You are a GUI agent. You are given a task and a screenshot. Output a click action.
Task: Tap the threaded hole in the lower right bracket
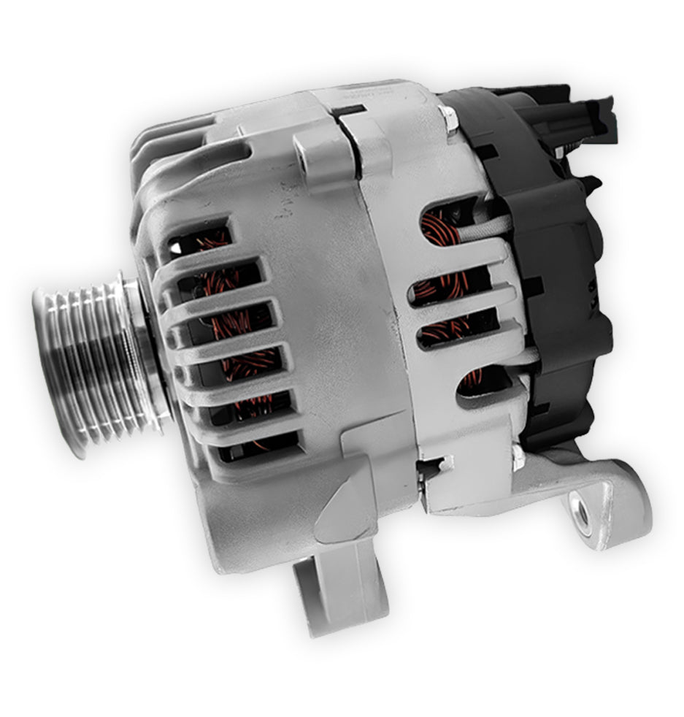pyautogui.click(x=582, y=515)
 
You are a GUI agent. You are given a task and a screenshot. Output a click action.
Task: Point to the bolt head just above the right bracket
pyautogui.click(x=518, y=458)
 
